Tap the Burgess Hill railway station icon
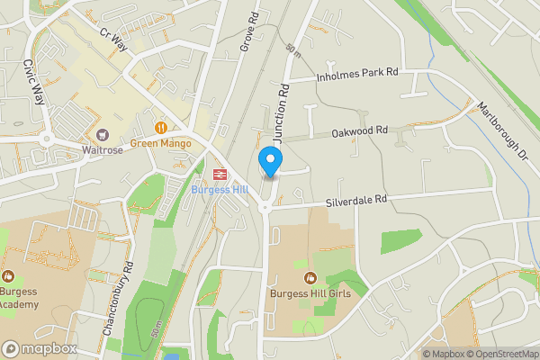(x=219, y=175)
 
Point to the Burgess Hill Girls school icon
(x=310, y=277)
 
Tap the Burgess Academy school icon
(x=8, y=275)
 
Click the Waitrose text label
(x=102, y=150)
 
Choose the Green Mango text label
(x=162, y=142)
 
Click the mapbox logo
(x=39, y=348)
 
